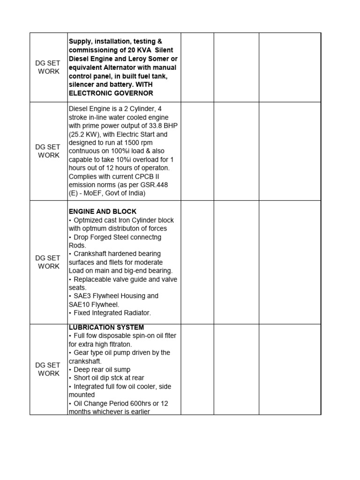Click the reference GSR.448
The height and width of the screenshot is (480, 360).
[x=151, y=185]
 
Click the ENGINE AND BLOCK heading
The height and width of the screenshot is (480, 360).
[x=103, y=211]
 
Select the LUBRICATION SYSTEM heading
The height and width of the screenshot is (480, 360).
[x=106, y=327]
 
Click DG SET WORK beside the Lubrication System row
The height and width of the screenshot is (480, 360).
[x=49, y=369]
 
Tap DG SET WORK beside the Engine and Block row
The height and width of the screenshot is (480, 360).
[x=49, y=262]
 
